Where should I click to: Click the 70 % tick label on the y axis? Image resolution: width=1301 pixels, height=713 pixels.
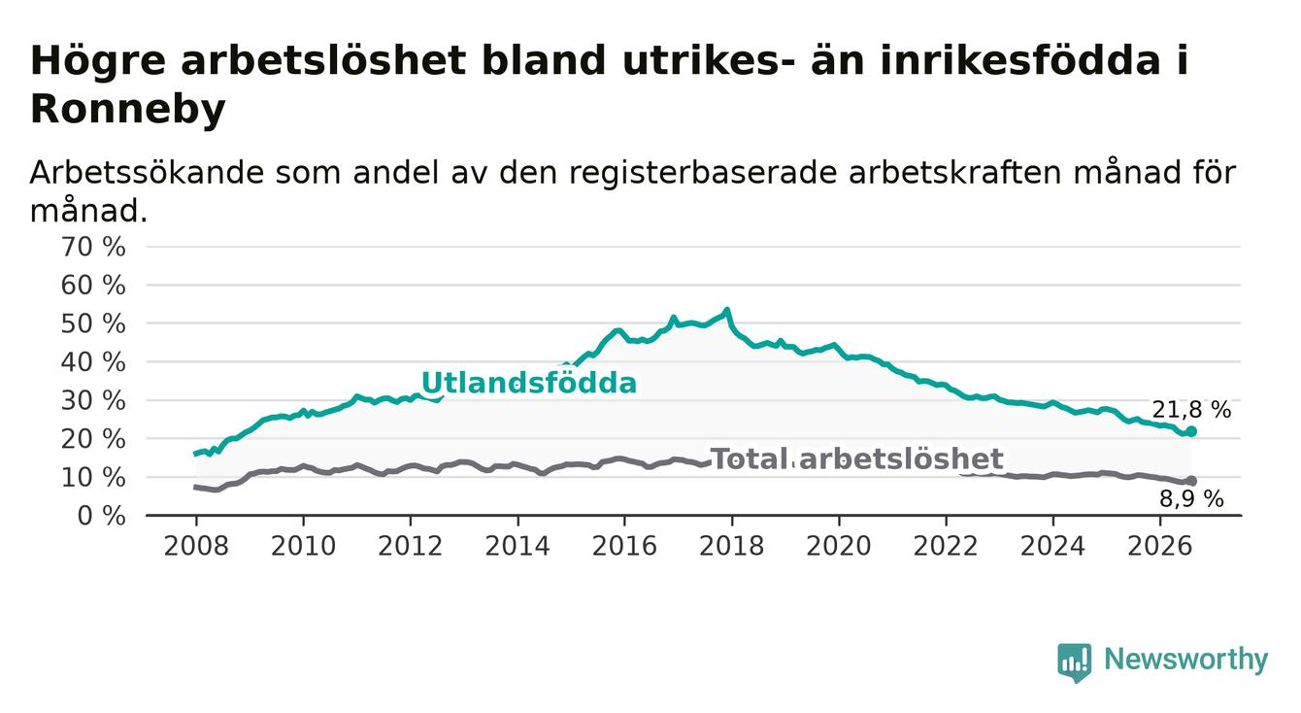(x=93, y=247)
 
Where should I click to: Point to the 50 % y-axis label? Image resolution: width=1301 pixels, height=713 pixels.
(x=93, y=323)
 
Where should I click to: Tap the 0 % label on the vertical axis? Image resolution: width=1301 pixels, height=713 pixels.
(x=101, y=516)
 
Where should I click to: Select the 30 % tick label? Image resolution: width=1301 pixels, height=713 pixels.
(x=93, y=401)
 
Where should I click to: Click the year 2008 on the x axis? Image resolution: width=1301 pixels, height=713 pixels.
(x=196, y=546)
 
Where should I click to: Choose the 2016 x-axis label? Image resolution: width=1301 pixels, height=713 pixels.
(x=624, y=546)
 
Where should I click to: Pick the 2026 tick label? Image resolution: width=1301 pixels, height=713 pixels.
(x=1160, y=546)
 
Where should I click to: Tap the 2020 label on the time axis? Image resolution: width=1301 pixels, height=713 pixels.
(x=839, y=546)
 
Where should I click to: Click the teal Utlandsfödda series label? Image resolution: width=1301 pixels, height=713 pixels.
(x=528, y=384)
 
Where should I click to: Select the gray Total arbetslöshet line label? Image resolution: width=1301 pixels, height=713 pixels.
(x=856, y=459)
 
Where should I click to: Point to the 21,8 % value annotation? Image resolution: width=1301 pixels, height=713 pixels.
(x=1191, y=410)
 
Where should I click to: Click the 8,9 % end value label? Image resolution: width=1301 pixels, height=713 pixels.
(x=1191, y=499)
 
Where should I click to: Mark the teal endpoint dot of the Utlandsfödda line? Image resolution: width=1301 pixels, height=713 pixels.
(x=1191, y=431)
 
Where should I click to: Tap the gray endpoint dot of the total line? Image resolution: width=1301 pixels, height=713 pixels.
(x=1191, y=481)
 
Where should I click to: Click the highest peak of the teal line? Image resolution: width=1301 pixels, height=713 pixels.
(x=726, y=310)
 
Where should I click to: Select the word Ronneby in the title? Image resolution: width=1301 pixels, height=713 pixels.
(x=127, y=109)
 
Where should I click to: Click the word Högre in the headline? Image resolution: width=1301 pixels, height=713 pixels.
(x=97, y=61)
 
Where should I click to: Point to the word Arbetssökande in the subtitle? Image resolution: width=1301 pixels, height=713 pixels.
(x=147, y=173)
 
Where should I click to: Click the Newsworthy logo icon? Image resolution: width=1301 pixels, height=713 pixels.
(x=1074, y=662)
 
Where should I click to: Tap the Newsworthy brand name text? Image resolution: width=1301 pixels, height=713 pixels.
(x=1186, y=660)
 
